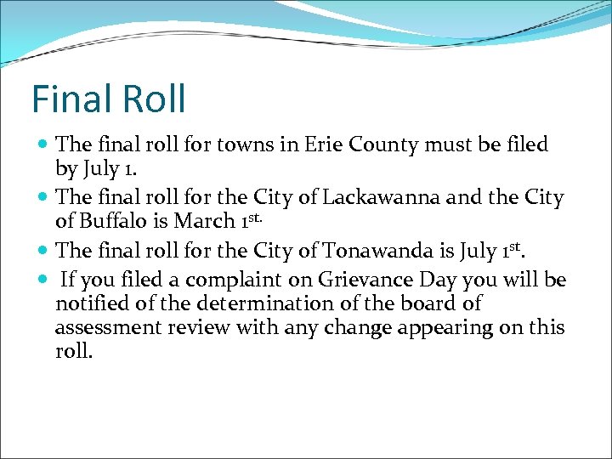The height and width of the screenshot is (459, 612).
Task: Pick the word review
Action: click(x=201, y=327)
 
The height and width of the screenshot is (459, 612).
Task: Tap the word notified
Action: click(x=91, y=303)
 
